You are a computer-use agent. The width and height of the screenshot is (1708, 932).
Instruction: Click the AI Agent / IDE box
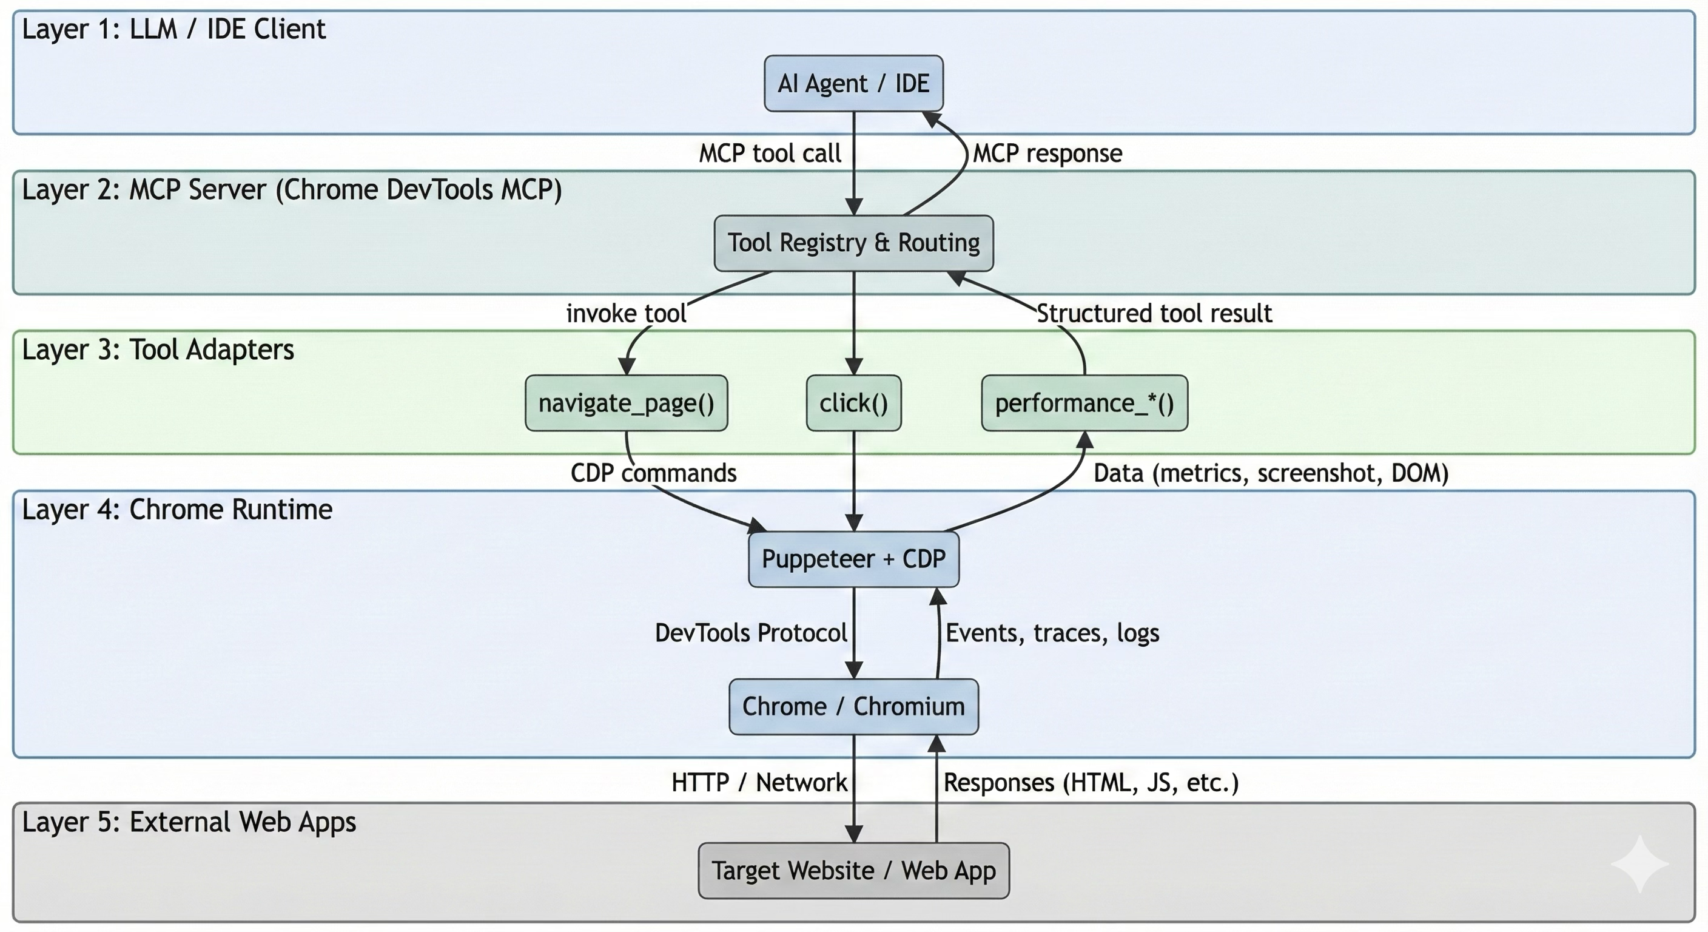tap(853, 84)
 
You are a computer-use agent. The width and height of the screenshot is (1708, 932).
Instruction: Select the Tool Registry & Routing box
tap(853, 243)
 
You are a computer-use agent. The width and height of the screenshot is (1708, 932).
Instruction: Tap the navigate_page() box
tap(626, 404)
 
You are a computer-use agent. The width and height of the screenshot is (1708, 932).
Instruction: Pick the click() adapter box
tap(853, 404)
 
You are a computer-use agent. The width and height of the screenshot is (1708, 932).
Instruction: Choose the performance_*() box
tap(1084, 404)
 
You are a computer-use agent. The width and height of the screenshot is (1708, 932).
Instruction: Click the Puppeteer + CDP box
tap(853, 559)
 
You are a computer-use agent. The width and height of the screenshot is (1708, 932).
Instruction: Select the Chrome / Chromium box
tap(853, 706)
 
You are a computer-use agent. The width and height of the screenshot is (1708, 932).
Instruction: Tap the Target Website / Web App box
tap(853, 870)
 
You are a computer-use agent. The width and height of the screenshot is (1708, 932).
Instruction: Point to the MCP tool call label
tap(770, 154)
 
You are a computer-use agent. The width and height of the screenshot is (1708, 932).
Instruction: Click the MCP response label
tap(1047, 154)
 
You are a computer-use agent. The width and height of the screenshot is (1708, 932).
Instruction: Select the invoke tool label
tap(626, 313)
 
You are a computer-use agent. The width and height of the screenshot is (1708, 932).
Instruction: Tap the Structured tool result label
tap(1154, 313)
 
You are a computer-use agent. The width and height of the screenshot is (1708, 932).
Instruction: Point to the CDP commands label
tap(653, 473)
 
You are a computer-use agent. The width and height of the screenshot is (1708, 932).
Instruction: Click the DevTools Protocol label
tap(750, 633)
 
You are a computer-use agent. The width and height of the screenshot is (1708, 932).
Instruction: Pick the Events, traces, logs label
tap(1052, 633)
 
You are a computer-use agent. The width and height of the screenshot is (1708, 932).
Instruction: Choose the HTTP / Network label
tap(759, 783)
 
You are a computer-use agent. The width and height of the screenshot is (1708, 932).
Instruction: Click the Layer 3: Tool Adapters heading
tap(158, 349)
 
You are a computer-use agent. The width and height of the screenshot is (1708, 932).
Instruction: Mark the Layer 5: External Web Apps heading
tap(189, 822)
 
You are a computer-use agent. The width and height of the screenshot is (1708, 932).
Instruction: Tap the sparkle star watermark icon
tap(1639, 863)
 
